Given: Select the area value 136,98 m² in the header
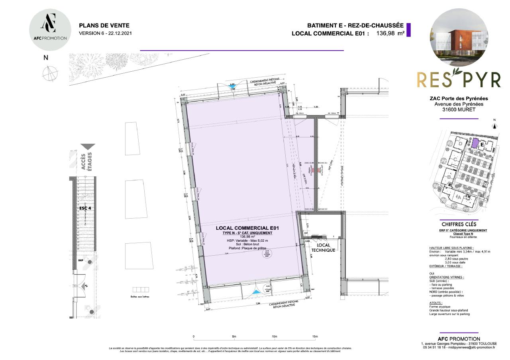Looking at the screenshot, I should pyautogui.click(x=390, y=33).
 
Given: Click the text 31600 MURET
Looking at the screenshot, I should pyautogui.click(x=459, y=110).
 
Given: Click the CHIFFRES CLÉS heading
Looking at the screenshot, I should pyautogui.click(x=459, y=224).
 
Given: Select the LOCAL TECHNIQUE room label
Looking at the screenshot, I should pyautogui.click(x=323, y=248).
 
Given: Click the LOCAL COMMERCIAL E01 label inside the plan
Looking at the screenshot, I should pyautogui.click(x=247, y=228).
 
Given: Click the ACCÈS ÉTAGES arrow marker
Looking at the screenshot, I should pyautogui.click(x=88, y=147).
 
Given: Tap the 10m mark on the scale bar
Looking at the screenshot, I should pyautogui.click(x=275, y=337).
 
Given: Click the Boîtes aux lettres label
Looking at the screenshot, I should pyautogui.click(x=140, y=297).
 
